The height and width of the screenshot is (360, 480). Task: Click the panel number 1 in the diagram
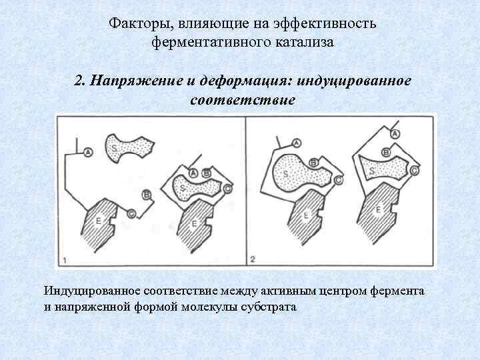[65, 258]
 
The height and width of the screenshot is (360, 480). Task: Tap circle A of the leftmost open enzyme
[87, 153]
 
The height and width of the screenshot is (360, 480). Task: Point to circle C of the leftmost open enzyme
[131, 213]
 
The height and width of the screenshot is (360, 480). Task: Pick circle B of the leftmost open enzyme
[146, 195]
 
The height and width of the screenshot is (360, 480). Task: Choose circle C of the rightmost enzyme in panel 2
[415, 171]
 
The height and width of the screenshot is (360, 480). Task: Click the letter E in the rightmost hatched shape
[379, 210]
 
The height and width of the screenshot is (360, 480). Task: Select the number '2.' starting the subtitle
[80, 82]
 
